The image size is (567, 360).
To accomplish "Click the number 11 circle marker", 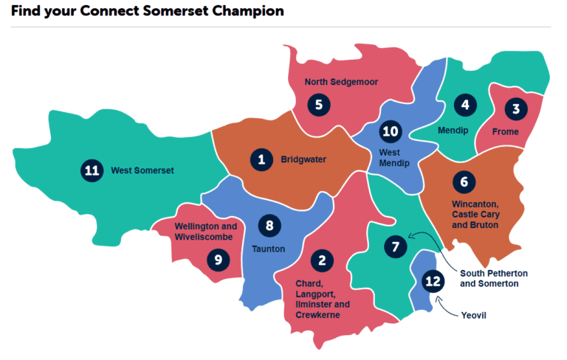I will (x=92, y=171).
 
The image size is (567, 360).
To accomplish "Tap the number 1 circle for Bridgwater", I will (x=261, y=159).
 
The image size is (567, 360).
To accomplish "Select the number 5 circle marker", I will (x=318, y=104).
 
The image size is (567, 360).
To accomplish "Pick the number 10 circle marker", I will (x=390, y=132).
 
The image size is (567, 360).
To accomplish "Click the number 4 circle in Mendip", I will (x=464, y=105).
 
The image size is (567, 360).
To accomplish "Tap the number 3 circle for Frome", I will (x=516, y=109).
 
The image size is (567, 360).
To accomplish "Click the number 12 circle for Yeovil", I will (x=434, y=280).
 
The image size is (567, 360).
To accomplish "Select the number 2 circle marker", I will (x=322, y=260).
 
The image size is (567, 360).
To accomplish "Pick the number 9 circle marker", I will (x=218, y=258).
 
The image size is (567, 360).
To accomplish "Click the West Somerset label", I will (x=142, y=171).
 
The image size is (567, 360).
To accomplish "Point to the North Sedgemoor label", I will (x=341, y=83).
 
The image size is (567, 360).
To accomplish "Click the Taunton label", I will (x=269, y=249).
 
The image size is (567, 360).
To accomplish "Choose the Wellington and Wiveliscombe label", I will (x=206, y=232).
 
